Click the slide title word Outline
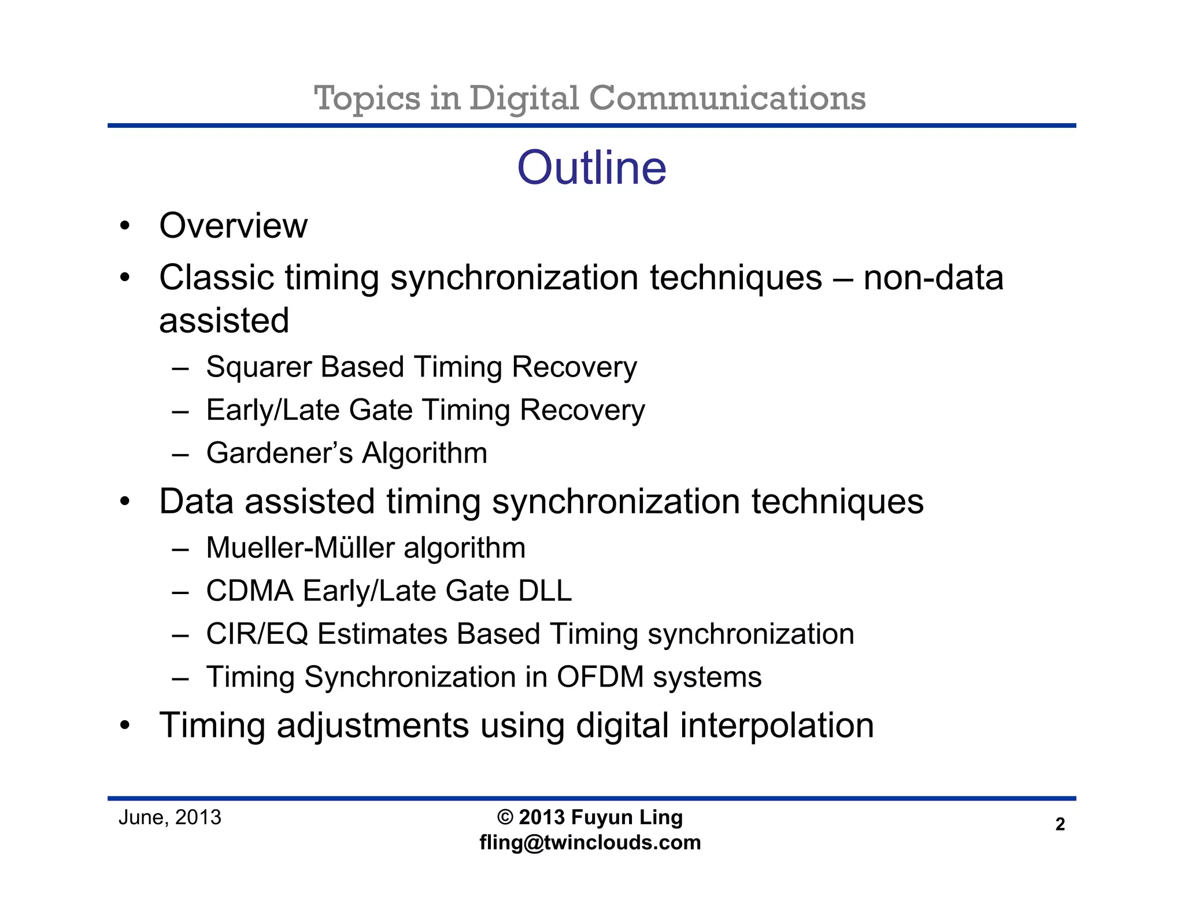[x=591, y=168]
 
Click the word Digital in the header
[x=524, y=98]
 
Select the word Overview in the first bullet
[x=233, y=226]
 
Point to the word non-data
[x=933, y=278]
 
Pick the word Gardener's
[x=279, y=453]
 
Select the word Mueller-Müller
[x=300, y=548]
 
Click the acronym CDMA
[x=250, y=591]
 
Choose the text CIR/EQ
[x=257, y=634]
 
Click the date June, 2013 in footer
[x=170, y=817]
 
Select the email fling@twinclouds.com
[x=590, y=843]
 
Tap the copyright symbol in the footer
[x=505, y=817]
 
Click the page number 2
[x=1060, y=824]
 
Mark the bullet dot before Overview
[x=125, y=226]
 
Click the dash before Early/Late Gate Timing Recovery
[x=180, y=411]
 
